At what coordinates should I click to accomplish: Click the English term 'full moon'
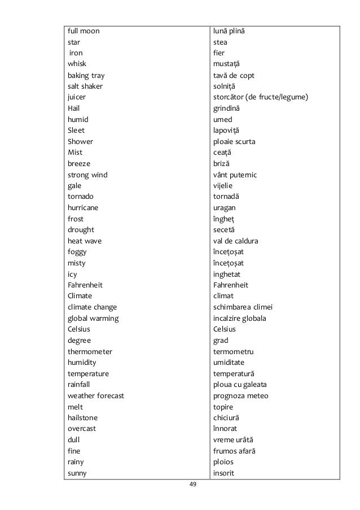click(x=84, y=31)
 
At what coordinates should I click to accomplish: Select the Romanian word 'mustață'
click(x=226, y=64)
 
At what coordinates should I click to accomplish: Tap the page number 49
click(x=193, y=485)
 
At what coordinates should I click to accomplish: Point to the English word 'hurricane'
click(x=83, y=208)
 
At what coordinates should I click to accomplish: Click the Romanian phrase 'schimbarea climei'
click(x=243, y=307)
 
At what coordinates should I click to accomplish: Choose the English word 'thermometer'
click(x=90, y=352)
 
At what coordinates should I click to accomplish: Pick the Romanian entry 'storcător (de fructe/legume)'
click(x=261, y=98)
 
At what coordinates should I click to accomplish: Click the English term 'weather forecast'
click(x=96, y=396)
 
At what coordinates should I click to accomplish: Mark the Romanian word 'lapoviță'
click(x=227, y=130)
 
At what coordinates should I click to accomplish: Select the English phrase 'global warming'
click(x=93, y=319)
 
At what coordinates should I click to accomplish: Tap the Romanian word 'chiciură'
click(x=226, y=418)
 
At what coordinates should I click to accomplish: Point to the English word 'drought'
click(x=81, y=230)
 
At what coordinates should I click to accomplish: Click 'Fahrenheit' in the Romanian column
click(x=231, y=285)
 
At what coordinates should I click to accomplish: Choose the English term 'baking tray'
click(x=86, y=76)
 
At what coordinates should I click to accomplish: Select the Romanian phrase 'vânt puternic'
click(x=235, y=175)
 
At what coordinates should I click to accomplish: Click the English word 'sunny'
click(x=77, y=473)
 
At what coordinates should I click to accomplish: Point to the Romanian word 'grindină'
click(x=227, y=108)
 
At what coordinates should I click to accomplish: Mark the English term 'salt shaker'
click(x=85, y=86)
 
